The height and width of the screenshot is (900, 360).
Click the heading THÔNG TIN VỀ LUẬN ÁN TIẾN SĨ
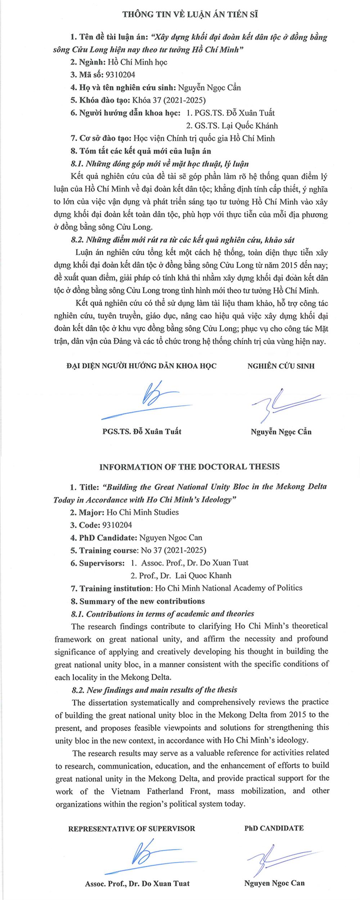tap(190, 14)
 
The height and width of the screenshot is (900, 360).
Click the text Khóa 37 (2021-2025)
tap(169, 100)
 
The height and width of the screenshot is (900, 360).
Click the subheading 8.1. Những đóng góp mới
tap(160, 164)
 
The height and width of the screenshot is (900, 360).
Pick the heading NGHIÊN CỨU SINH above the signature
tap(281, 366)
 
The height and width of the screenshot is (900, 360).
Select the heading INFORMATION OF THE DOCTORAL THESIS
tap(189, 467)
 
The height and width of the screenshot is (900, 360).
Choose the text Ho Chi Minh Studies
tap(143, 512)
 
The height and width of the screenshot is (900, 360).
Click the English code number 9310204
tap(117, 525)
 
